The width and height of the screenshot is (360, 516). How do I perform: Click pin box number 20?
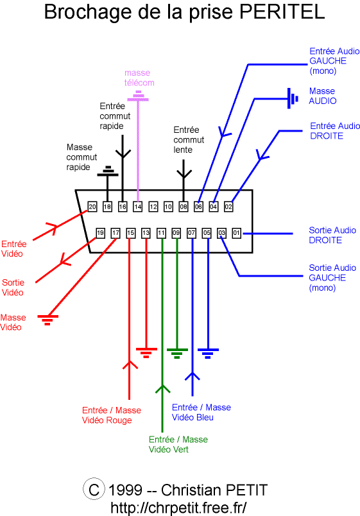tap(92, 207)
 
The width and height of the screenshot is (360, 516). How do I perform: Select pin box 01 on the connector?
tap(236, 233)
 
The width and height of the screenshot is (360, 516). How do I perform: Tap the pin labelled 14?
tap(137, 207)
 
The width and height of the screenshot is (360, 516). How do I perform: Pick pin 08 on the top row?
tap(184, 207)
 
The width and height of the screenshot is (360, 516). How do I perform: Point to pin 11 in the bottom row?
tap(161, 233)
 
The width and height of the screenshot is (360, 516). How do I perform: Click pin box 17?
tap(116, 233)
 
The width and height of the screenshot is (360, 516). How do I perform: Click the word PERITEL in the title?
tap(282, 12)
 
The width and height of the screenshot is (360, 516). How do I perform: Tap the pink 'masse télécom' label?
tap(139, 78)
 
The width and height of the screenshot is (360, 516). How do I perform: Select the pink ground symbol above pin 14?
tap(138, 96)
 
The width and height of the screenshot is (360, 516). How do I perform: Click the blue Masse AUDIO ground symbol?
tap(292, 98)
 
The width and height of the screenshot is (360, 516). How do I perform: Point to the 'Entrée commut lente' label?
tap(189, 139)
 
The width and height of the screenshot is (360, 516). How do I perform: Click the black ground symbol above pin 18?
tap(108, 171)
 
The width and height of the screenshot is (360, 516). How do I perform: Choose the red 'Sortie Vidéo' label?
tap(13, 288)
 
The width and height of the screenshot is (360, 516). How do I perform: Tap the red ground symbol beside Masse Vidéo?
tap(47, 320)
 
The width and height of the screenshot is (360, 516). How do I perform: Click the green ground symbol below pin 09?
tap(177, 353)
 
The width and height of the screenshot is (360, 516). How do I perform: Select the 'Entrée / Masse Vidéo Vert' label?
tap(178, 444)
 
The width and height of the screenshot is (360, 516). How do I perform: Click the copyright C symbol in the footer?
tap(94, 489)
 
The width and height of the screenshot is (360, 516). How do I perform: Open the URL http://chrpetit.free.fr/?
tap(178, 508)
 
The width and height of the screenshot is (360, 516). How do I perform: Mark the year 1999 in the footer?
tap(125, 490)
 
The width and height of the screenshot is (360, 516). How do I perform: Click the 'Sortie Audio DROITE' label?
tap(332, 235)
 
